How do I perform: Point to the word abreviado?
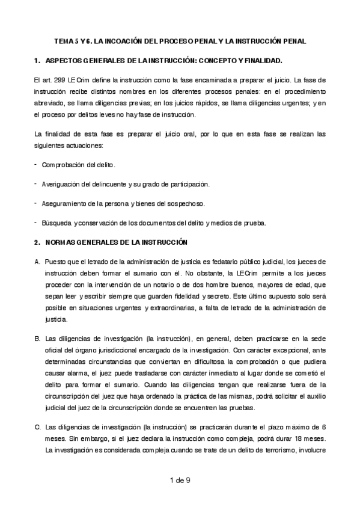(x=49, y=102)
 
